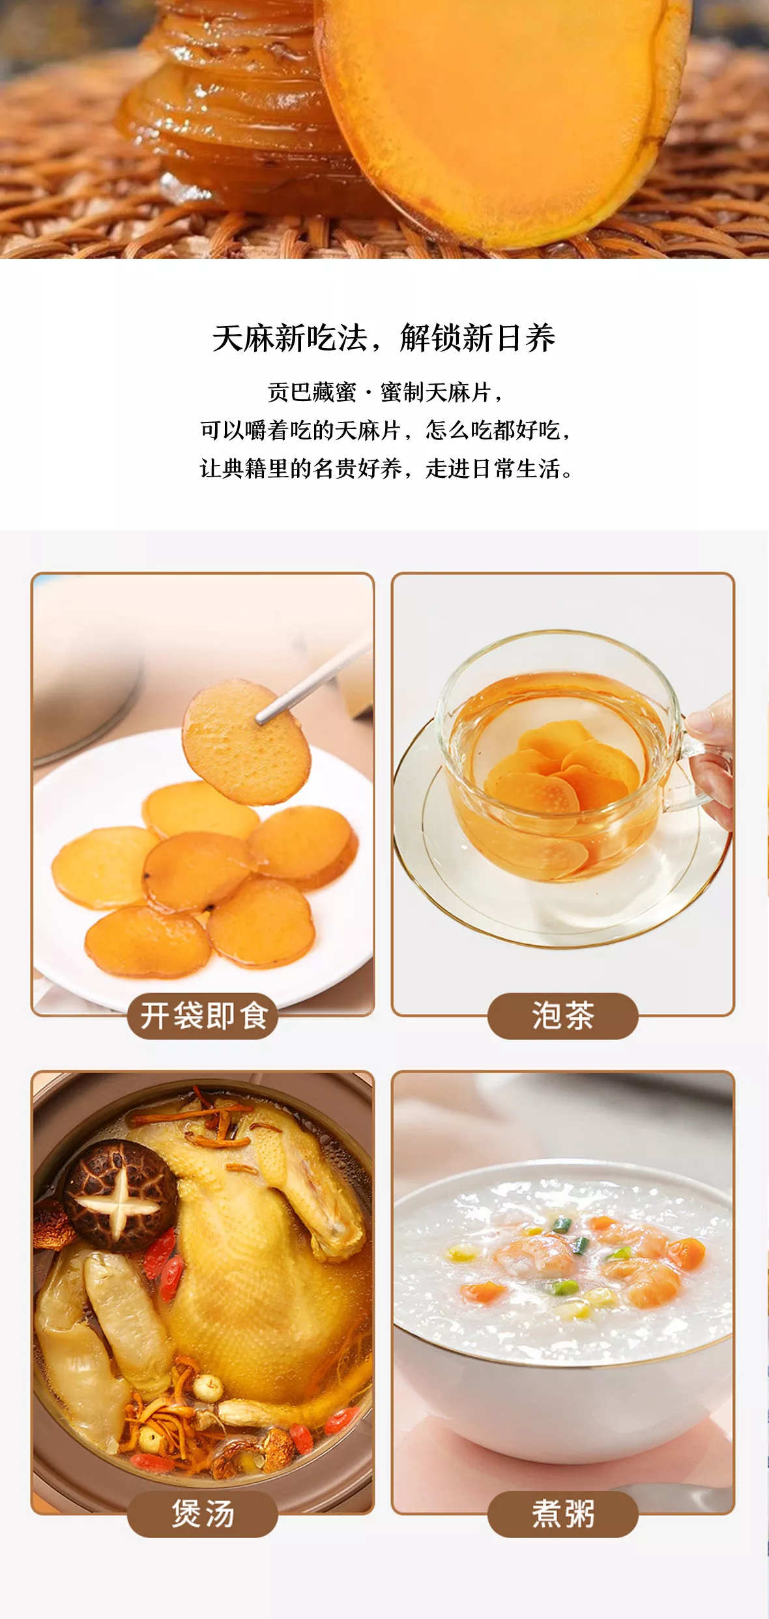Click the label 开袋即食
click(x=203, y=1015)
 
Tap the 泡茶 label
click(x=563, y=1015)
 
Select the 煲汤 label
click(x=203, y=1513)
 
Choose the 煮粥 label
click(x=563, y=1513)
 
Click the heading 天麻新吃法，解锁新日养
click(x=384, y=338)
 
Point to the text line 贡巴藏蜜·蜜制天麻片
click(x=384, y=392)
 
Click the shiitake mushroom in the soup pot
click(x=120, y=1195)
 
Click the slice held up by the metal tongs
click(x=246, y=741)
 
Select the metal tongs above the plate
click(x=313, y=681)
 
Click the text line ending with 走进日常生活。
click(x=386, y=468)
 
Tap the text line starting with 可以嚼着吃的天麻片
click(x=386, y=430)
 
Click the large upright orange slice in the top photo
click(x=502, y=117)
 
